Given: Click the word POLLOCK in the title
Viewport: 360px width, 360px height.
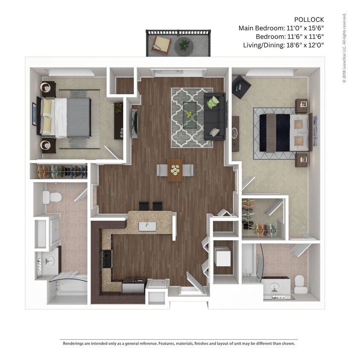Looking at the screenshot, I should (x=309, y=20).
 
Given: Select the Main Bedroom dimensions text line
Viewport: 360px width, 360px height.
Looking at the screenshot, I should (x=281, y=28).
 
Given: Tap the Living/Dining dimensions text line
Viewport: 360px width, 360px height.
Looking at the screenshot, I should (x=283, y=45).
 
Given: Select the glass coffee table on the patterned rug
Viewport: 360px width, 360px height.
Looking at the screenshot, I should (x=190, y=114).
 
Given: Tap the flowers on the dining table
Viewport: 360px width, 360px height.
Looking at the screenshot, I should (x=175, y=170).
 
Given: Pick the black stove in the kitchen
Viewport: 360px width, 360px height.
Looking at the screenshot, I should (x=107, y=259).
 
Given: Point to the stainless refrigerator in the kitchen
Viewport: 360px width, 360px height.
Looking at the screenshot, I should (x=134, y=285).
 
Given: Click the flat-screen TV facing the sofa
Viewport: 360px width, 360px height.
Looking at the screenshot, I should (x=135, y=124).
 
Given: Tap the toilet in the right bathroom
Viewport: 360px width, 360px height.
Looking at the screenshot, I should (x=300, y=283).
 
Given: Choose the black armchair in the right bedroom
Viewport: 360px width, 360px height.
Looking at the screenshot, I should (x=241, y=87).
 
